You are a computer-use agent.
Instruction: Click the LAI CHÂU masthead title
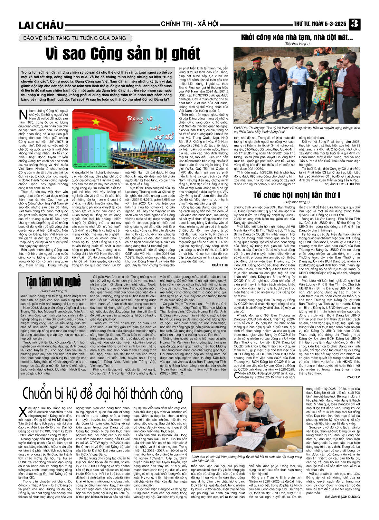point(41,25)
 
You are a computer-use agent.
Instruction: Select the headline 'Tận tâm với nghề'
point(53,282)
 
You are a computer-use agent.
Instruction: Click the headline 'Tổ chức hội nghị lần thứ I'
point(297,195)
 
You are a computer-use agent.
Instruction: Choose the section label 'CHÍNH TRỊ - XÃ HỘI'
point(189,24)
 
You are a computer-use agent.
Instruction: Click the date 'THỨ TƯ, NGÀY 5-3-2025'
point(320,24)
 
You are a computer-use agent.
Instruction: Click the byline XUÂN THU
point(220,265)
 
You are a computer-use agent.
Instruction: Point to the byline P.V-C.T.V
point(353,377)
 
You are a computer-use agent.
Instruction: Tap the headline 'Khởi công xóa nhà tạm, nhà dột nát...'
point(297,37)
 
